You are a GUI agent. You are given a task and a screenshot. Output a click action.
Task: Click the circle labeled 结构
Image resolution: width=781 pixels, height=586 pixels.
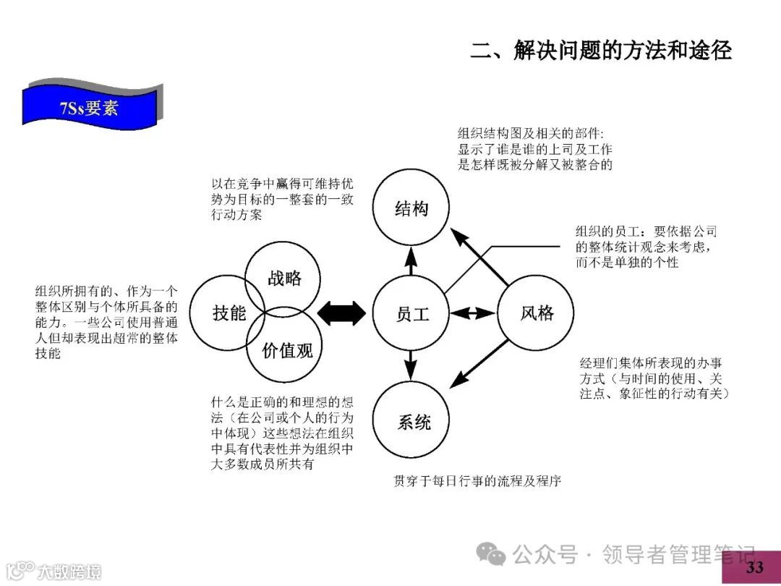pos(411,209)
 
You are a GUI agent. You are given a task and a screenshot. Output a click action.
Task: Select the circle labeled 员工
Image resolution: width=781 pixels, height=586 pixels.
pos(411,313)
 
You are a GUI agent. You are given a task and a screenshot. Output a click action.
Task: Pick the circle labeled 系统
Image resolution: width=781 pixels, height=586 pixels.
pos(411,420)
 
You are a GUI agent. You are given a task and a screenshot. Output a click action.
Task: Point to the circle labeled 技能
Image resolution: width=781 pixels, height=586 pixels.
pos(229,313)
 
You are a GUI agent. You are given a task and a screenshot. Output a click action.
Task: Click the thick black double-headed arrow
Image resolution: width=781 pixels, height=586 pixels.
pos(342,313)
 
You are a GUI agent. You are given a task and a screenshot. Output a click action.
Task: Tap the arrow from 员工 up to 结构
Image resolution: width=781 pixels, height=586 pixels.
pos(411,262)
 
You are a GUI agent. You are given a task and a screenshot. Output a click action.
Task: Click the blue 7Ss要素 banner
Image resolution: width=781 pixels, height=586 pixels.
pos(90,109)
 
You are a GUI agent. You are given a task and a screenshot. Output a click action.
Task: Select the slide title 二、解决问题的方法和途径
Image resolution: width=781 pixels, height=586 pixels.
pos(601,50)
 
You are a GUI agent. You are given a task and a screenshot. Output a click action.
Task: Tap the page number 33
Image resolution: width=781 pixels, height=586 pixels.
pos(754,567)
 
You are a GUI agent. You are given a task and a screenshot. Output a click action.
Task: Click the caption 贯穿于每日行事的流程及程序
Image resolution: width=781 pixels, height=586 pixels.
pos(477,480)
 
